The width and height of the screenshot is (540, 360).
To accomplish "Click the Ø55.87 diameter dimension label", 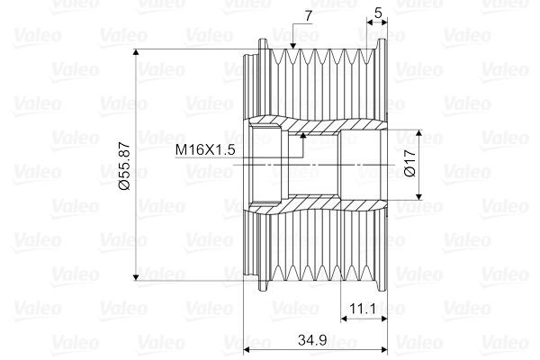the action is pyautogui.click(x=124, y=166).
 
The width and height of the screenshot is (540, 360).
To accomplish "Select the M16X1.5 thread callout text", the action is pyautogui.click(x=205, y=150).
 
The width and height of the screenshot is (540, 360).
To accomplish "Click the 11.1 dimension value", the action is pyautogui.click(x=363, y=309).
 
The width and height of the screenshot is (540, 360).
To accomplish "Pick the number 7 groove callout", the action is pyautogui.click(x=308, y=15).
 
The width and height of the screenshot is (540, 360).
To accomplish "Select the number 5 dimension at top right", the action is pyautogui.click(x=379, y=13).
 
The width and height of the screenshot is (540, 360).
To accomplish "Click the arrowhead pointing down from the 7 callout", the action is pyautogui.click(x=293, y=45).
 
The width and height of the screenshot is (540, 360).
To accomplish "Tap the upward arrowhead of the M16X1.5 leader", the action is pyautogui.click(x=303, y=135).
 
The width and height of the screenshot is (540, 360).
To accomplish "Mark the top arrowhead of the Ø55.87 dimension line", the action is pyautogui.click(x=136, y=52).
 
